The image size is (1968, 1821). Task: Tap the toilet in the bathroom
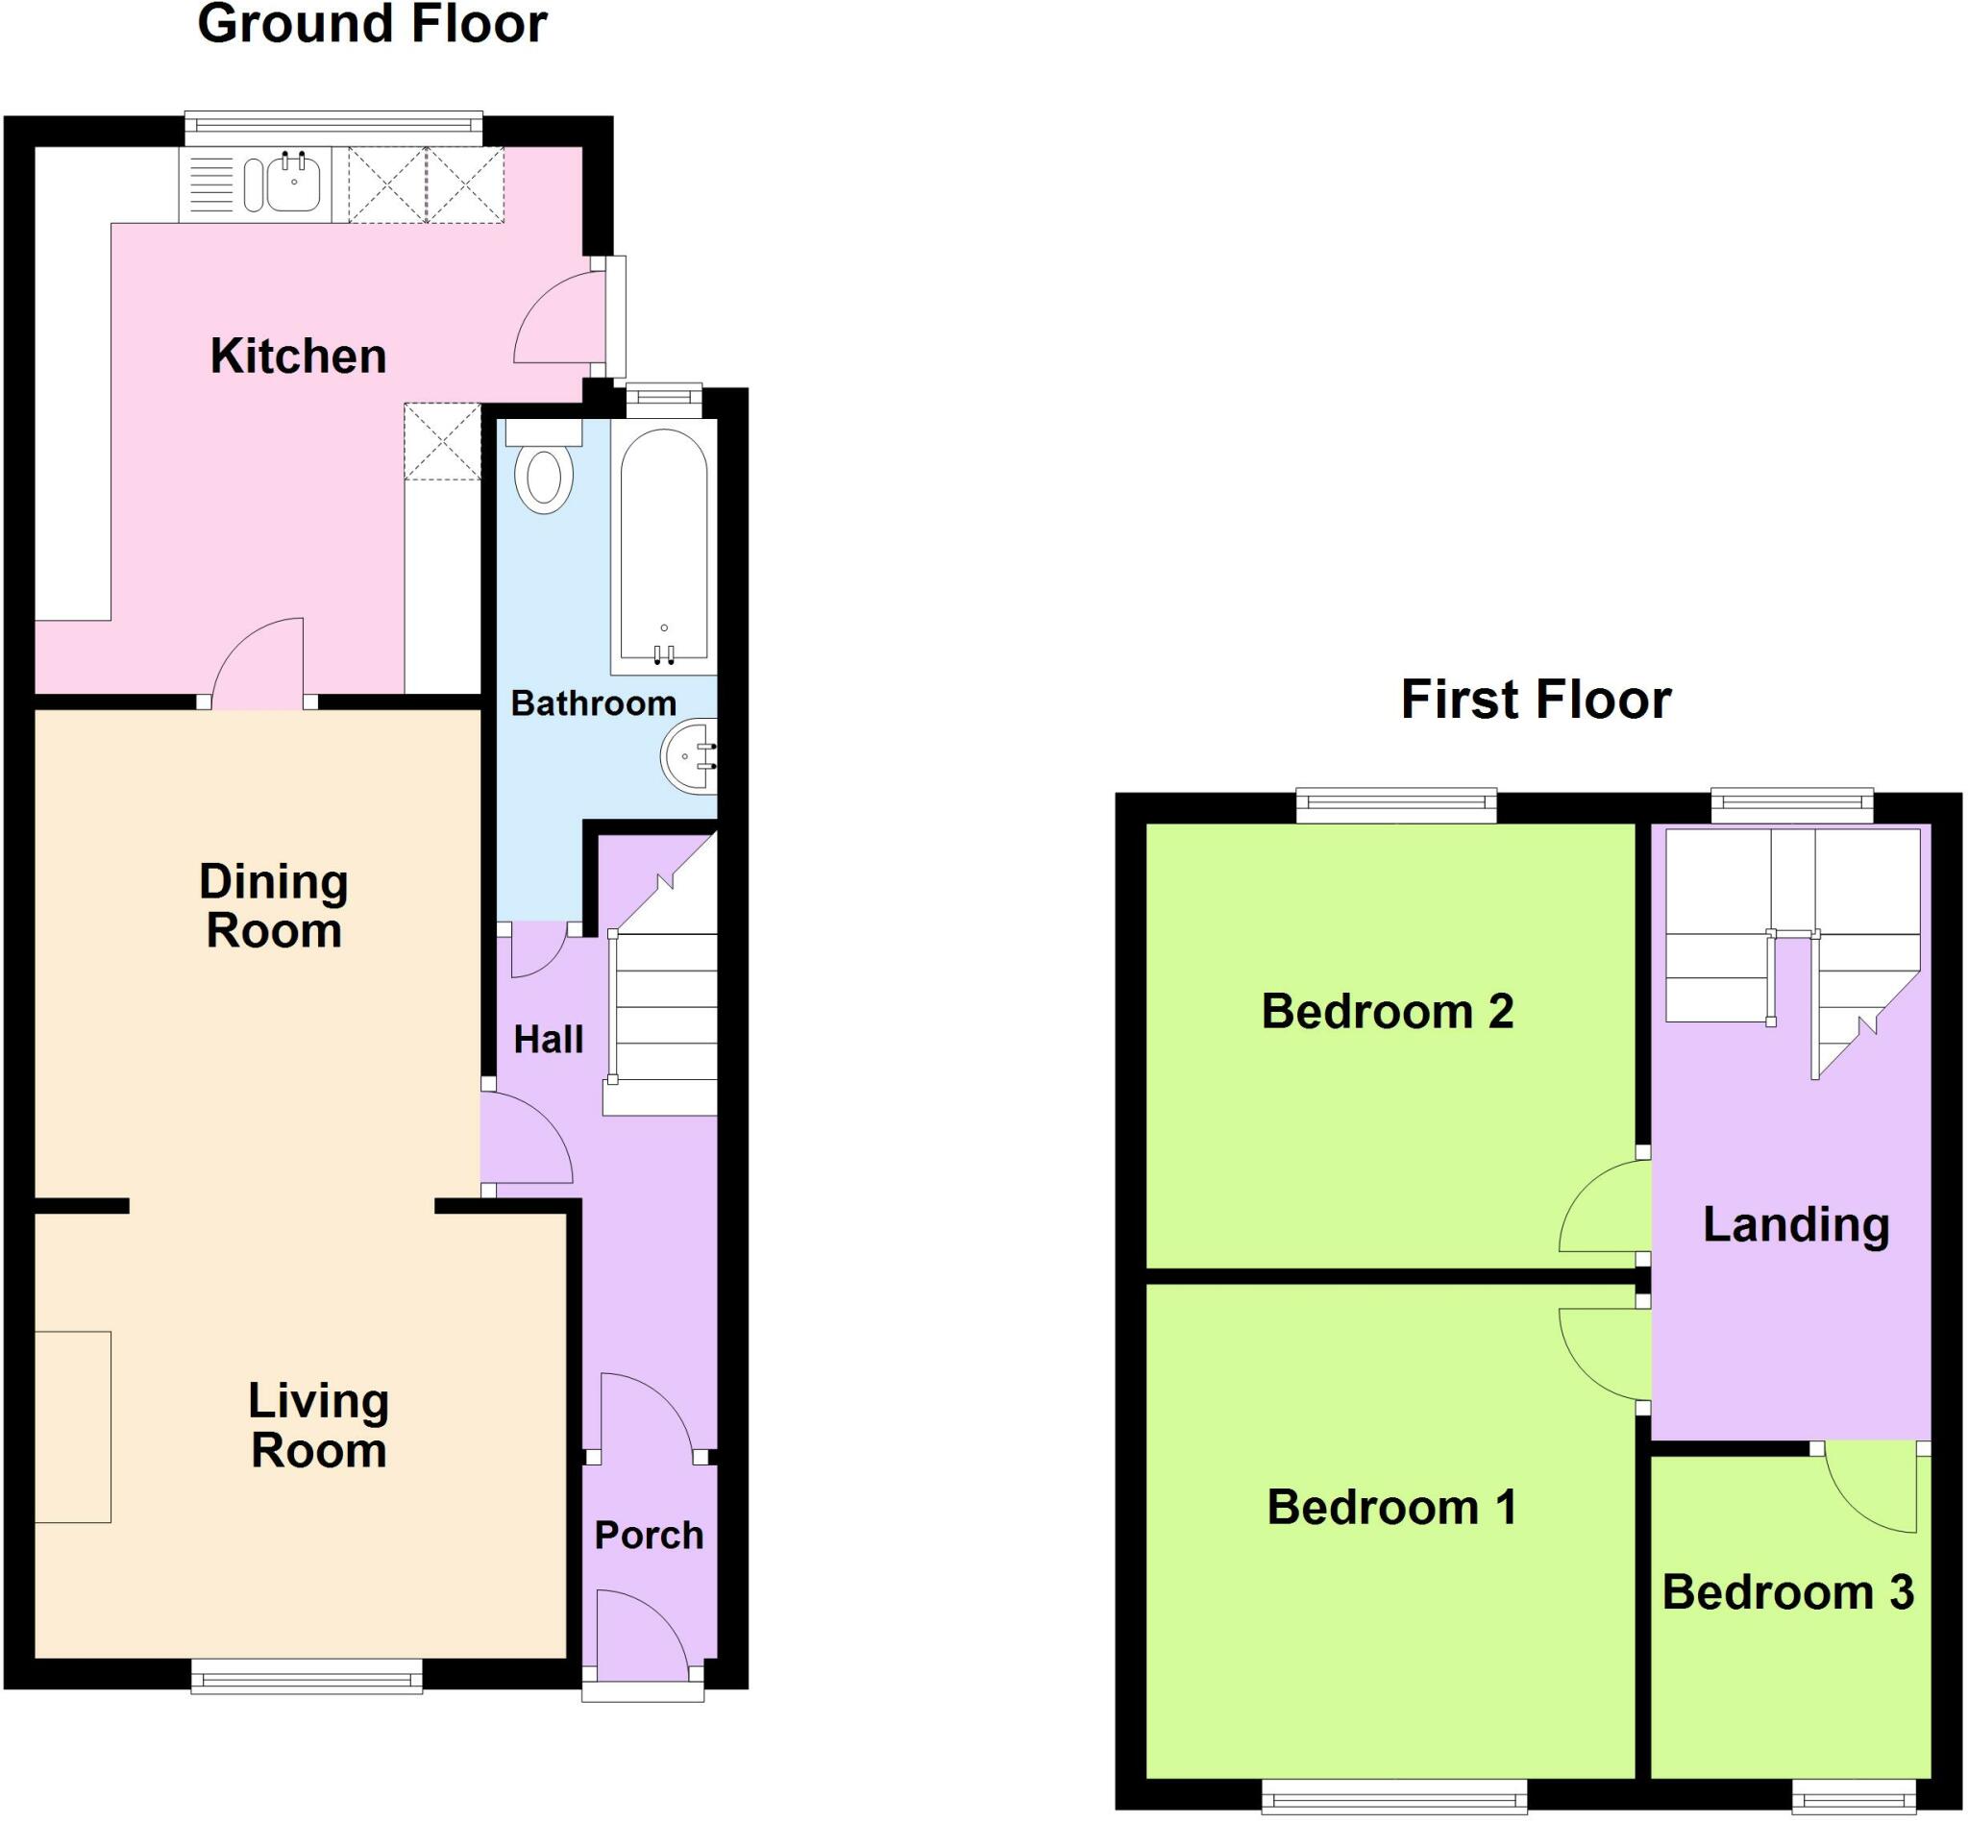544,473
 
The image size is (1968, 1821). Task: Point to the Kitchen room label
298,356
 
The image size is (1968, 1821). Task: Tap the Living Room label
318,1426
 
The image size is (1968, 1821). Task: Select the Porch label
649,1536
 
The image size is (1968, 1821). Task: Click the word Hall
548,1040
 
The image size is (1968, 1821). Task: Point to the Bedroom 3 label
1787,1592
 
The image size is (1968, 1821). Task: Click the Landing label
1796,1225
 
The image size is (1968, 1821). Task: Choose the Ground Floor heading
372,24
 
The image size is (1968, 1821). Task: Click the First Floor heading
1536,700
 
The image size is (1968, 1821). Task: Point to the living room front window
307,1676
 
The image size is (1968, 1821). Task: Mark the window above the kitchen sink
334,124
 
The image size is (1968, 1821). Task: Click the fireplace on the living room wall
73,1427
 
